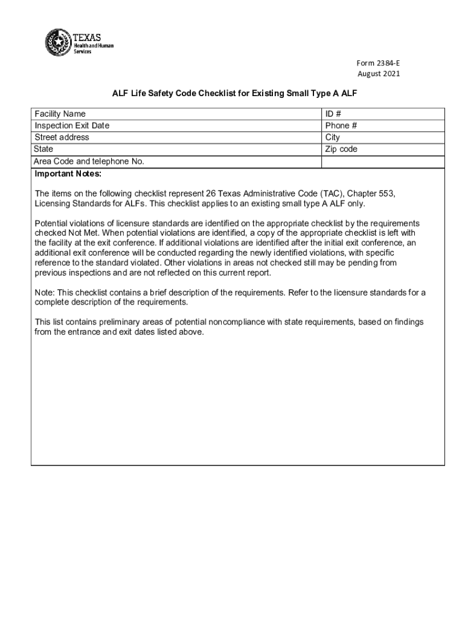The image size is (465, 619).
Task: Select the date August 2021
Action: pyautogui.click(x=379, y=74)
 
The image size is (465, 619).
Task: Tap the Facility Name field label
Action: pyautogui.click(x=60, y=114)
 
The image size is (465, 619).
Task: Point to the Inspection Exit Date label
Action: pyautogui.click(x=72, y=126)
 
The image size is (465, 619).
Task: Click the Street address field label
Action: pyautogui.click(x=62, y=137)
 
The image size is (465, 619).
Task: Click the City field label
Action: pyautogui.click(x=333, y=137)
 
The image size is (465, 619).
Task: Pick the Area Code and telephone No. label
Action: pyautogui.click(x=89, y=161)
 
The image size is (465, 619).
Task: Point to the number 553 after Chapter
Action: pyautogui.click(x=387, y=193)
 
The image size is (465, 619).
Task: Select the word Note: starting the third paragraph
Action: pyautogui.click(x=45, y=293)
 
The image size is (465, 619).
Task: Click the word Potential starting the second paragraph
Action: pyautogui.click(x=53, y=223)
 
